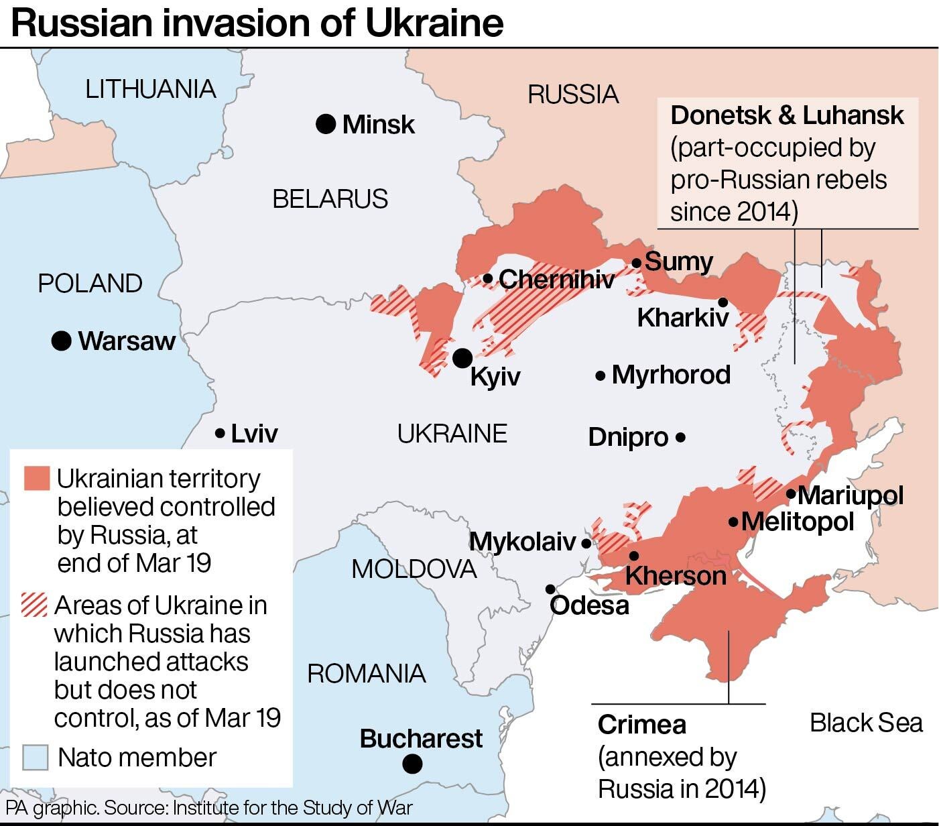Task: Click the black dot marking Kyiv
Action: pos(462,358)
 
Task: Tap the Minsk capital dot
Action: pos(326,124)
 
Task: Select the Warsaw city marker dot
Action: pos(62,341)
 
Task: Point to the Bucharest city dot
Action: pos(413,763)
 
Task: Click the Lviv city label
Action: pos(254,434)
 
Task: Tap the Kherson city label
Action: pos(675,575)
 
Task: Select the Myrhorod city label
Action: pos(671,375)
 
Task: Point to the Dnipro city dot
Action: pos(681,437)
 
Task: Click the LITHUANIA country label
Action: pos(150,89)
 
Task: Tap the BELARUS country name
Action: pos(330,199)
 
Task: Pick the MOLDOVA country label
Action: pos(414,569)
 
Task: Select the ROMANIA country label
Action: pos(366,673)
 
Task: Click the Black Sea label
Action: pos(865,723)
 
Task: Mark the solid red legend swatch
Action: pos(36,479)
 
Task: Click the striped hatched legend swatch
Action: pos(35,605)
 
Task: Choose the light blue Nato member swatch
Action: pos(35,758)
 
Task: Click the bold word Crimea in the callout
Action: pos(641,725)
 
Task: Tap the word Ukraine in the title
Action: pos(434,23)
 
